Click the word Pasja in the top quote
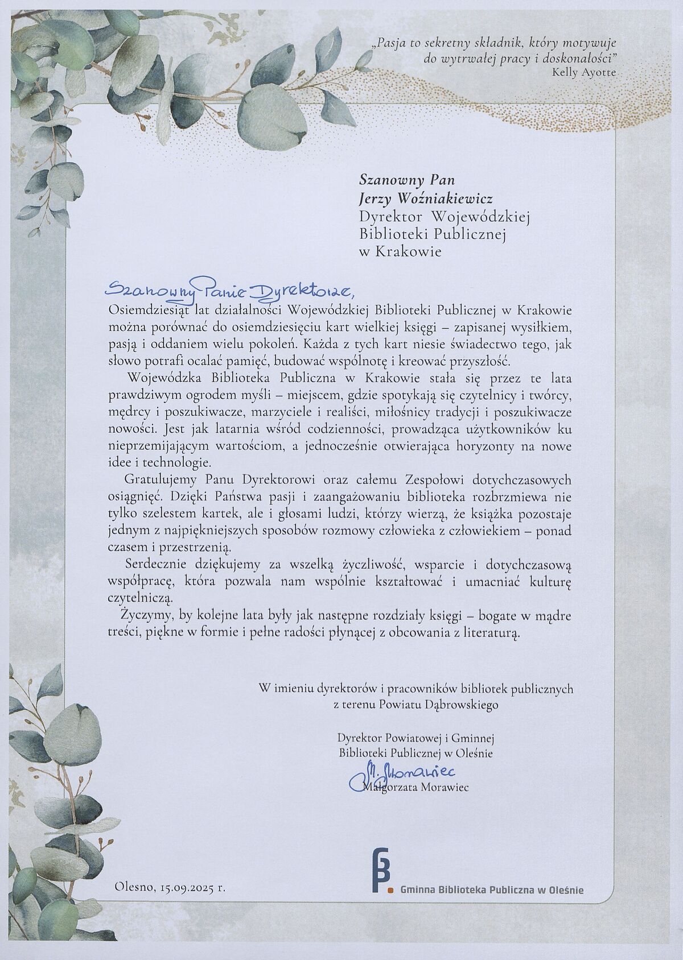pos(392,42)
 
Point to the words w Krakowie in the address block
pos(400,251)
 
